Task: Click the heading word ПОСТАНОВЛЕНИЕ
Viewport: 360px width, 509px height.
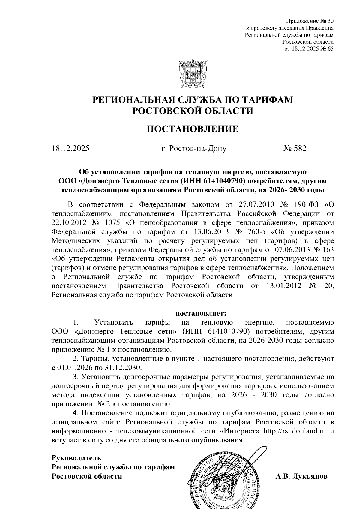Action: (x=193, y=129)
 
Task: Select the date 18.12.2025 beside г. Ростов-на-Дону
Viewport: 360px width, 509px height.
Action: (x=70, y=148)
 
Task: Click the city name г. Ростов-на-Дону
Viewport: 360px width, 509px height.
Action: (x=194, y=148)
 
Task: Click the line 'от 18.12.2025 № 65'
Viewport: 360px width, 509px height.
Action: (x=309, y=49)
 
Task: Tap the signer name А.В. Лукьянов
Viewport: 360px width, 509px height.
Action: (x=301, y=476)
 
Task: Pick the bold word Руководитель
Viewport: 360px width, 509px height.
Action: (x=76, y=458)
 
